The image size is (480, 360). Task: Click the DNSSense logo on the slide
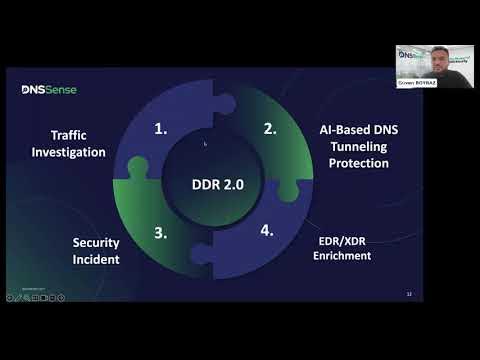[49, 90]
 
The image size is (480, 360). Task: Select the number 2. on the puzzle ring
[269, 128]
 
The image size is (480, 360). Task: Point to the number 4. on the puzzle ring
[267, 231]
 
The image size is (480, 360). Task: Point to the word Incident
[97, 259]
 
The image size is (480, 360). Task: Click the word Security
[97, 241]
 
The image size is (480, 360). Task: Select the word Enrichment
[341, 255]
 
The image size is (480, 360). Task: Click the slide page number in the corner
[410, 294]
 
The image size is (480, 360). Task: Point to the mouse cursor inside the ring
[205, 144]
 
